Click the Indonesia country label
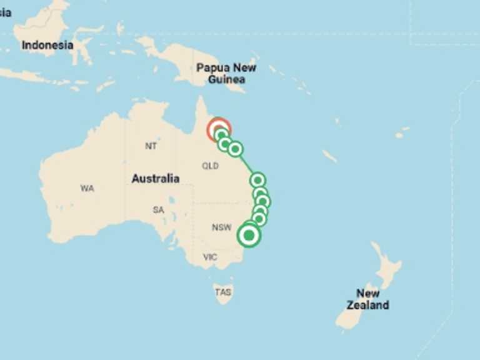47,46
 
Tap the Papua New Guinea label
226,73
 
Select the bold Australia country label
155,179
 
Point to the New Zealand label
369,299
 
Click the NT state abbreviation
151,146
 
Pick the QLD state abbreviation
210,166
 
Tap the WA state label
87,188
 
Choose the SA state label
158,210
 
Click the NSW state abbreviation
221,227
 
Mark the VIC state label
210,257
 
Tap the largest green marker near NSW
249,236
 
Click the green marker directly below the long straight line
257,180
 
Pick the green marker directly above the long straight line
235,149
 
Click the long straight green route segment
246,164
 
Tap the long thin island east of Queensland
329,156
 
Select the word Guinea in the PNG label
226,79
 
